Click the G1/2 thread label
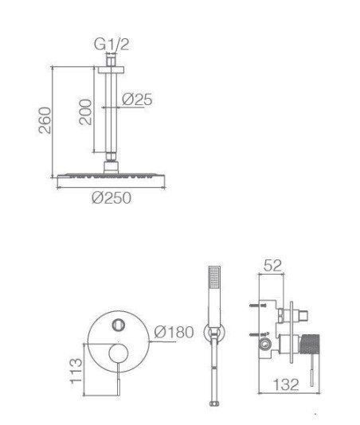(112, 45)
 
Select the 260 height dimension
(45, 120)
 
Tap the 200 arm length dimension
(85, 111)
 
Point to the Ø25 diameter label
(137, 99)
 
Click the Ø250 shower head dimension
(112, 197)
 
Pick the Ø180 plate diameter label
(174, 332)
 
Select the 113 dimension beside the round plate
(76, 371)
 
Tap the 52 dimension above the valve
(273, 265)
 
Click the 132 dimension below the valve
(286, 384)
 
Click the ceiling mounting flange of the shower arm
(112, 70)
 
